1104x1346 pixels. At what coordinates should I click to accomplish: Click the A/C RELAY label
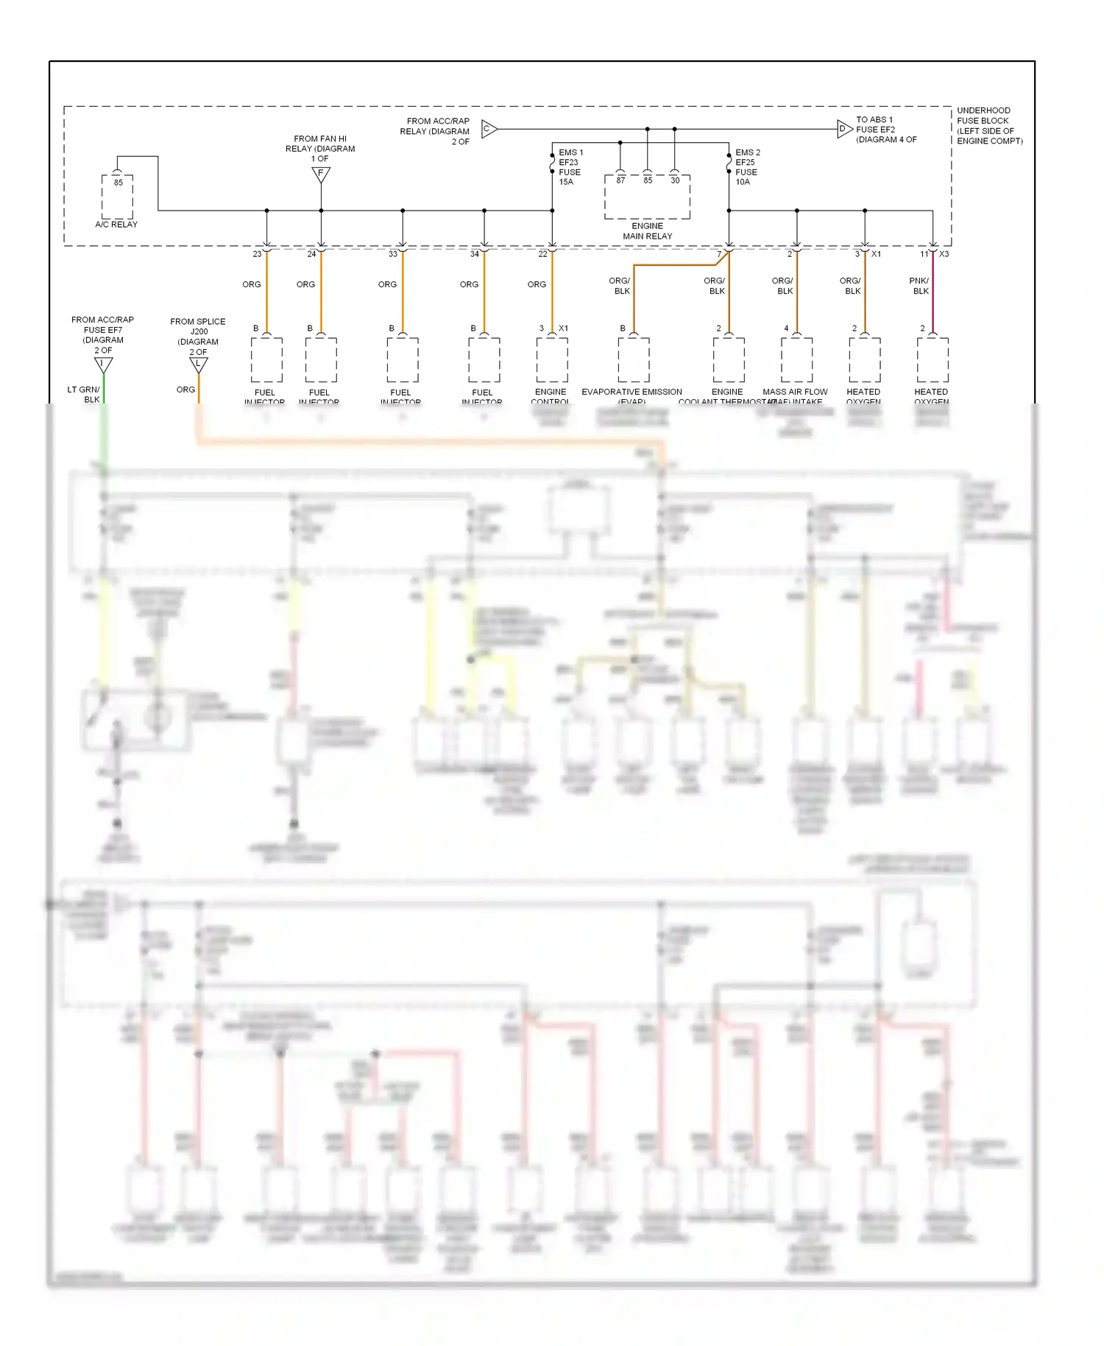[x=116, y=225]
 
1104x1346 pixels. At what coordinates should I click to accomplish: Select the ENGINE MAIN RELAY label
[x=648, y=231]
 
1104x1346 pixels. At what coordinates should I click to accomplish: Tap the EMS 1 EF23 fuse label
[x=570, y=167]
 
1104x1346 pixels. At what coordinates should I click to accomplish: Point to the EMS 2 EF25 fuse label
[x=747, y=167]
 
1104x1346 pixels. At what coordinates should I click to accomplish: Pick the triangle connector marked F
[x=321, y=175]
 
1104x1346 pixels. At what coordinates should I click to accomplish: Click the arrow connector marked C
[x=489, y=130]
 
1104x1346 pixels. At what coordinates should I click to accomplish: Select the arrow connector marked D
[x=844, y=130]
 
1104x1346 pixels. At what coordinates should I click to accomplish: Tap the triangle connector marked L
[x=199, y=364]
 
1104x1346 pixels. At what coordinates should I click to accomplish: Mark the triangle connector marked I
[x=104, y=364]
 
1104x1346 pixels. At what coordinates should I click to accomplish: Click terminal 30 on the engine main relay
[x=675, y=180]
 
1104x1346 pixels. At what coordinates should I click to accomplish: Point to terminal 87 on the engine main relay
[x=620, y=180]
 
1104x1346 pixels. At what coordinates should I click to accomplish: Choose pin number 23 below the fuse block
[x=257, y=254]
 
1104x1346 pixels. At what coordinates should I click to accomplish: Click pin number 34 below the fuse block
[x=475, y=254]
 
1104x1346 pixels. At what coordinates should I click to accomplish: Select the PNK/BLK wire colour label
[x=919, y=286]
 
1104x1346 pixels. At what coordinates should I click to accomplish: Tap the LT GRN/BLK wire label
[x=83, y=395]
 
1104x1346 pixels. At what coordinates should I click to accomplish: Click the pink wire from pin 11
[x=933, y=295]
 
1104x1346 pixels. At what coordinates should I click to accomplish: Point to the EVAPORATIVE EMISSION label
[x=632, y=392]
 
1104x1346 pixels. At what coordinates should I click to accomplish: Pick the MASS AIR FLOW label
[x=795, y=392]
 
